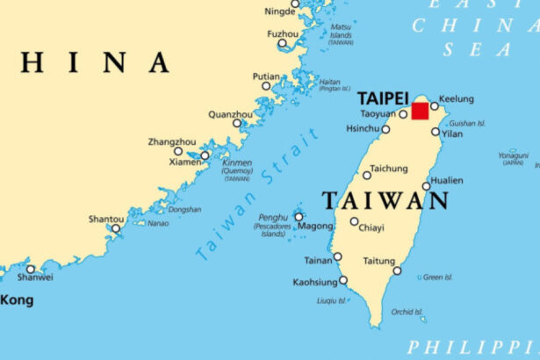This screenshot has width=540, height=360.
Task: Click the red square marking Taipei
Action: [x=421, y=111]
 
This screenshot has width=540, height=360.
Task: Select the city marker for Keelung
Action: [x=434, y=106]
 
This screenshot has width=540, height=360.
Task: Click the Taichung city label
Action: [x=389, y=168]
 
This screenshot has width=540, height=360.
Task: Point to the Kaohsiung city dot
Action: [x=343, y=281]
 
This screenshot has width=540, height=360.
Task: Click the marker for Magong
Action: [x=299, y=216]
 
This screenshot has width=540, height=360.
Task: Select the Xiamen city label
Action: [x=185, y=162]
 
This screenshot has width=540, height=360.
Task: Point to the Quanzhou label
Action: [x=229, y=114]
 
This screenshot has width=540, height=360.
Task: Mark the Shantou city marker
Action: [x=115, y=228]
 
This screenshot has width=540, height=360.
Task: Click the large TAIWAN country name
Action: [x=386, y=201]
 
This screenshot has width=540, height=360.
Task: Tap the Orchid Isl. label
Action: [x=408, y=311]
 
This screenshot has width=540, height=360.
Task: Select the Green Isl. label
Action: [x=437, y=277]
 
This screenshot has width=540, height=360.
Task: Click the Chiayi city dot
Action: [x=354, y=221]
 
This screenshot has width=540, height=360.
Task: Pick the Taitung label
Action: [x=378, y=261]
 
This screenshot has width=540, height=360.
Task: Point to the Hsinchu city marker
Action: [x=385, y=129]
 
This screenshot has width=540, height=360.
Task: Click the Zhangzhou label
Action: [x=171, y=140]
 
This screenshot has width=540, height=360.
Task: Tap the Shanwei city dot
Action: [x=31, y=270]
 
